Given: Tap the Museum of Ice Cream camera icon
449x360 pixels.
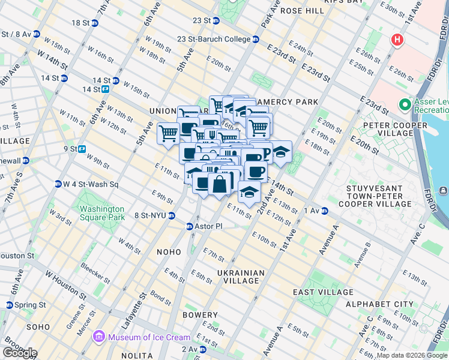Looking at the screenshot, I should pos(100,337).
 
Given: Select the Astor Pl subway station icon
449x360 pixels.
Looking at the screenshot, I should pos(189,226).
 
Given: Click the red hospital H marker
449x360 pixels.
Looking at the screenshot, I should pos(396,41).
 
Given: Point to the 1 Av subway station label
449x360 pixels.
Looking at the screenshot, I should pos(312,211).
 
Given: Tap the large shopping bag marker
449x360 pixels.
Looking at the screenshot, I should pos(220,184).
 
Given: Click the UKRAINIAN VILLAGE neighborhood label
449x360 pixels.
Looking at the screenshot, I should pos(242,277).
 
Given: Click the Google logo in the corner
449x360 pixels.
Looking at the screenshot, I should pos(19,353).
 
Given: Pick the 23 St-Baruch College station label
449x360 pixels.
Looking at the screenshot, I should pos(214,39).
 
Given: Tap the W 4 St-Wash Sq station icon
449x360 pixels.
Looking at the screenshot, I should pos(58,184).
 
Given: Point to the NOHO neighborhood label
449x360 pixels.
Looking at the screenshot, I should pos(170,253).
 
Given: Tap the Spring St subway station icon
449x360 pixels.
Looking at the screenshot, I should pos(8,305).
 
